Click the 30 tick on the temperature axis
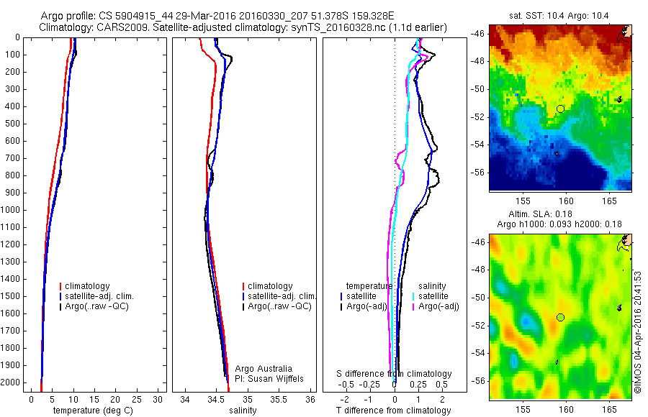(x=158, y=399)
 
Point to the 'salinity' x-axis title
(x=242, y=411)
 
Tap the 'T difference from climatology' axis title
(x=393, y=411)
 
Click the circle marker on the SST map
(x=560, y=109)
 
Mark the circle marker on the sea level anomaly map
(x=560, y=317)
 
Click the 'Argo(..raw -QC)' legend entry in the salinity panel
(x=279, y=306)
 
